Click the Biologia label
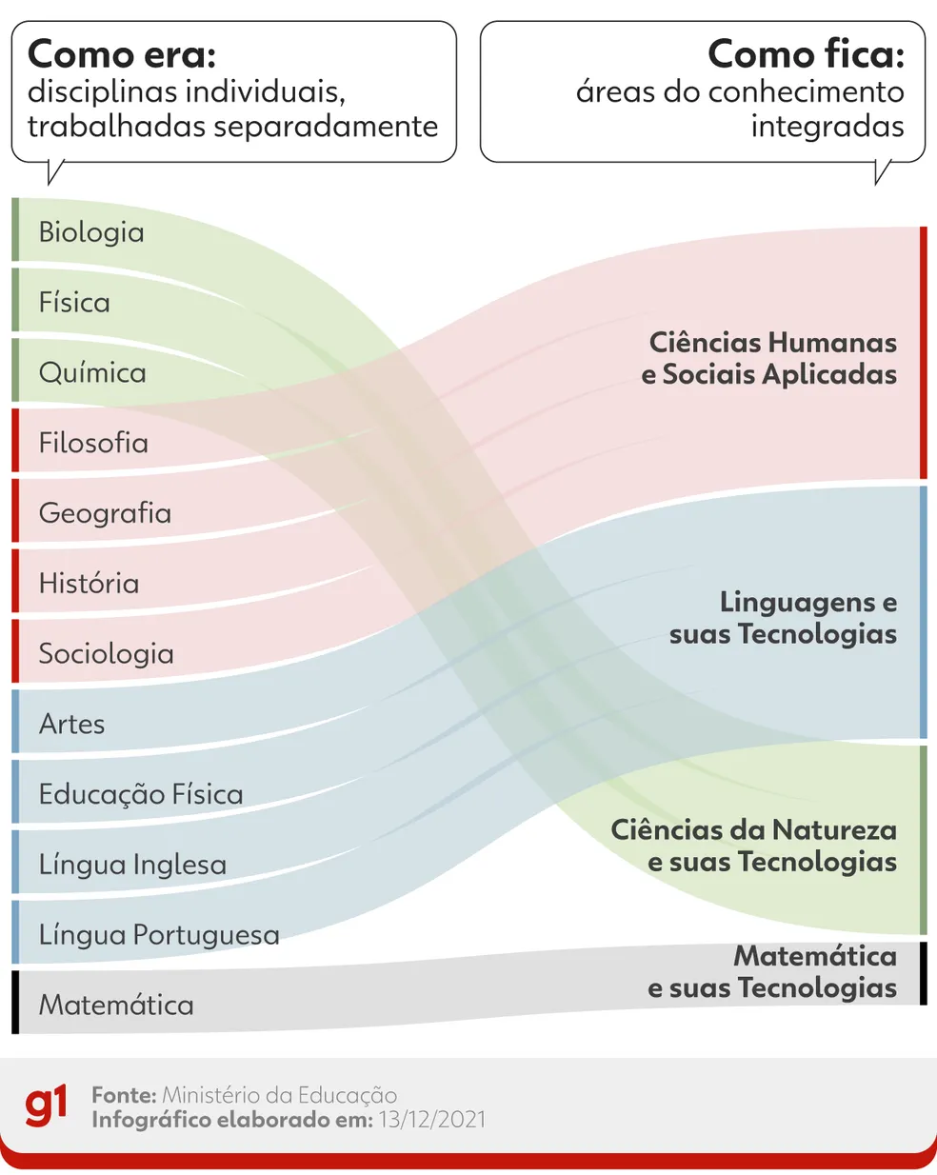coord(91,233)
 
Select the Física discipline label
coord(74,302)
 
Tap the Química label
coord(92,373)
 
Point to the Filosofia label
coord(93,442)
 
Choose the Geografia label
coord(105,514)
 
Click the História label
coord(89,583)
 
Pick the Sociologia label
coord(107,654)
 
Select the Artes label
coord(71,724)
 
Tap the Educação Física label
coord(141,794)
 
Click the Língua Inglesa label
coord(132,865)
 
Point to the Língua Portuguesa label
coord(159,935)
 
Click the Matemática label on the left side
coord(116,1006)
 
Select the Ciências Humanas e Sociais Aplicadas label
coord(768,358)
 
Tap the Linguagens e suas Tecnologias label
coord(783,618)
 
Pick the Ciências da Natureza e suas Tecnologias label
coord(753,846)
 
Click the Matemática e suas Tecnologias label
coord(772,972)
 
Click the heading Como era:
coord(122,54)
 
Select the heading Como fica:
coord(806,54)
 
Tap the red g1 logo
coord(46,1105)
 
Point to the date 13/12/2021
coord(432,1120)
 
